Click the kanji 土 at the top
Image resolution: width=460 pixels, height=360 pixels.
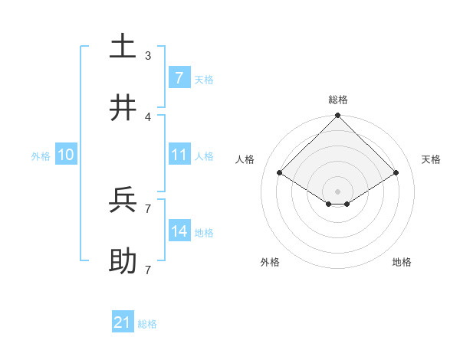tap(123, 45)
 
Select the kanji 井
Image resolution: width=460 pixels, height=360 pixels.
tap(123, 108)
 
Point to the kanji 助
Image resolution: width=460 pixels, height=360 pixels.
tap(123, 261)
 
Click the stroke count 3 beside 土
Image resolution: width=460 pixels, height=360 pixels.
tap(148, 55)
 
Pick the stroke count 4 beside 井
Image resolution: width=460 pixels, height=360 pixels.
tap(148, 117)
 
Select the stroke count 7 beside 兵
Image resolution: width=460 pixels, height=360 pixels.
tap(148, 208)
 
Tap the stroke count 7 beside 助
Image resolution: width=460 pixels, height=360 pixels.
tap(148, 270)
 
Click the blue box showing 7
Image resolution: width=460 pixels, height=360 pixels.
tap(179, 77)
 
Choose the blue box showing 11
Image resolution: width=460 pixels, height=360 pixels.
tap(179, 155)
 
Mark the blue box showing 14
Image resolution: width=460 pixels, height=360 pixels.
tap(179, 231)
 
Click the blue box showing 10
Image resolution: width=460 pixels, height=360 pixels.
tap(66, 155)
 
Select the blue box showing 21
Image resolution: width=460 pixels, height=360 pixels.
tap(122, 322)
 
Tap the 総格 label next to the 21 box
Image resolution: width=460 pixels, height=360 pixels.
tap(147, 324)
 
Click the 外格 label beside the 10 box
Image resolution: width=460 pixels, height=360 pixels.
tap(41, 156)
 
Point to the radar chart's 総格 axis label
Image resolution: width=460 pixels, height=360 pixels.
tap(337, 100)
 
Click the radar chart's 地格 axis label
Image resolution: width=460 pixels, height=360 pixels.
tap(402, 262)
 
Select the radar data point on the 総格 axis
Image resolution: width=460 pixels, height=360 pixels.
tap(337, 117)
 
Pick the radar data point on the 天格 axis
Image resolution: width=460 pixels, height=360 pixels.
tap(396, 173)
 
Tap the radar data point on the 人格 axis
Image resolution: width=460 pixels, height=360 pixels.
tap(280, 173)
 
